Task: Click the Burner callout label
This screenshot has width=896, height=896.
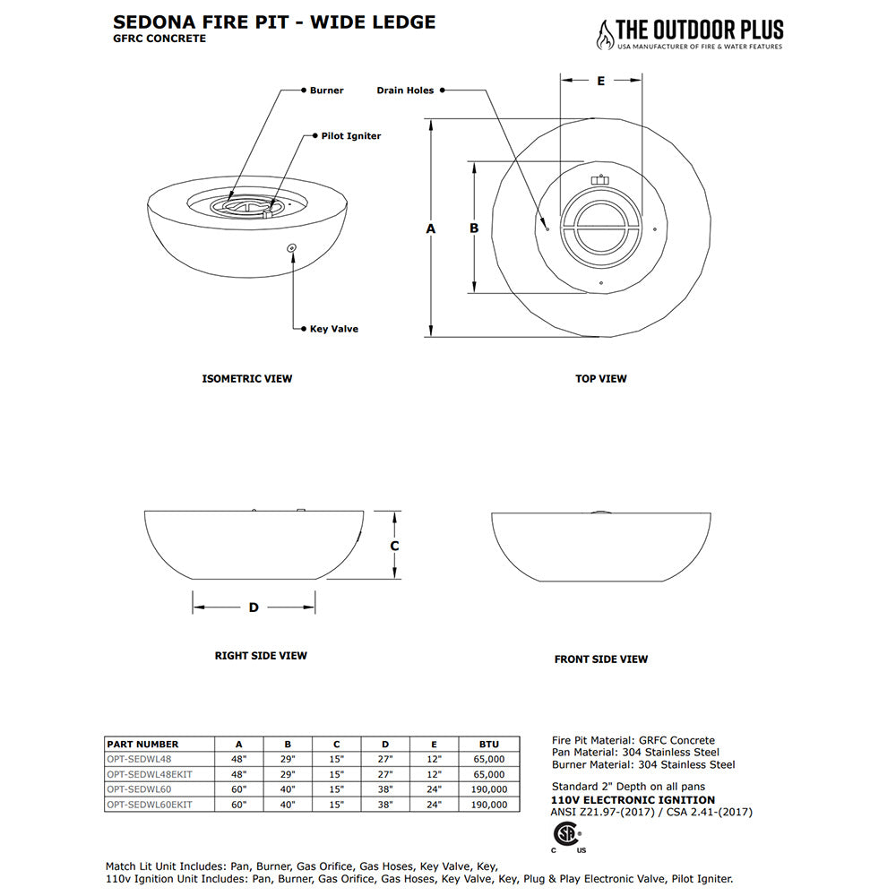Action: pos(326,90)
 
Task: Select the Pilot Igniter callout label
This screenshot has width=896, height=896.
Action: pos(350,136)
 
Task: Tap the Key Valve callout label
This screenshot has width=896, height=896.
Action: pos(333,329)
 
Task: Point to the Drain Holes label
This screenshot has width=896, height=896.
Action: pos(405,90)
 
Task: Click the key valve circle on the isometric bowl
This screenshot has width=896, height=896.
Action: pos(290,247)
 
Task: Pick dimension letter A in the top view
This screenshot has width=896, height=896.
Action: pos(431,228)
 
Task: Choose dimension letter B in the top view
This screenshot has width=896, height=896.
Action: pos(474,228)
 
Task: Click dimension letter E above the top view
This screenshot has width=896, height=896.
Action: pos(601,81)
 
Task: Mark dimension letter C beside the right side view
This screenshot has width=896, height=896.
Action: pos(394,545)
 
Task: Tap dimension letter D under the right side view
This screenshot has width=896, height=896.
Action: pos(254,607)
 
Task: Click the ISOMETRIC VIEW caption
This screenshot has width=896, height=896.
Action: pos(247,379)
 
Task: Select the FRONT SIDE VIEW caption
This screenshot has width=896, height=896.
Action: pos(600,659)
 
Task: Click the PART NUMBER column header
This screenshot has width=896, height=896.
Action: pos(142,744)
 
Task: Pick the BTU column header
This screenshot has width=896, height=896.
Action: pos(489,744)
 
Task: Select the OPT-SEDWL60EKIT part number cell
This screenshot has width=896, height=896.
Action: pos(150,805)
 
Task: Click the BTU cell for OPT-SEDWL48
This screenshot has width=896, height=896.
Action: pos(489,759)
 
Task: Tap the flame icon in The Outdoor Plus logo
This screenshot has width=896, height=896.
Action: pos(606,34)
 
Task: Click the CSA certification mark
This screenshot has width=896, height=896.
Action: pos(565,834)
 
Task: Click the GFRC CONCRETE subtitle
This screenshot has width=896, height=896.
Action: pos(159,39)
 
